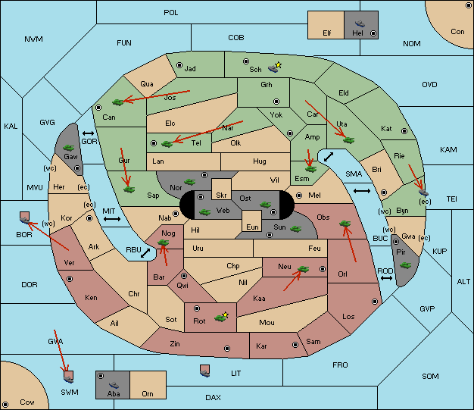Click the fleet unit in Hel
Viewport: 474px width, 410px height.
click(360, 23)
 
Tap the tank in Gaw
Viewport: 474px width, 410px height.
click(69, 148)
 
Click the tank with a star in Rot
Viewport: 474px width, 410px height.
click(221, 317)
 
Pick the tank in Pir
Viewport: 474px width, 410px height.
click(405, 265)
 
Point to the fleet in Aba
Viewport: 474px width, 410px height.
click(114, 385)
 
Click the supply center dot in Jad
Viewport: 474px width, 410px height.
click(179, 65)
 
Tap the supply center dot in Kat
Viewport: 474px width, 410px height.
click(404, 131)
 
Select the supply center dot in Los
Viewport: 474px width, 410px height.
click(375, 302)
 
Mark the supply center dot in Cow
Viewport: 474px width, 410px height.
click(5, 404)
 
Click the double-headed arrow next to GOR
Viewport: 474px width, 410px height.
click(88, 133)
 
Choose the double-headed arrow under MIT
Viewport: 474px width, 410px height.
click(112, 219)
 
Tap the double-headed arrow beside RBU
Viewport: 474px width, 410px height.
click(145, 253)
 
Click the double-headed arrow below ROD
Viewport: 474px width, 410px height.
click(386, 278)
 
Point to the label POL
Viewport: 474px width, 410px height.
click(171, 13)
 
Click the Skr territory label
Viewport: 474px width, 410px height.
click(221, 196)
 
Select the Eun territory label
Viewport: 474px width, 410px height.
click(252, 227)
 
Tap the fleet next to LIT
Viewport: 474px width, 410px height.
click(205, 371)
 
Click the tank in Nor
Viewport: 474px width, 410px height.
click(189, 182)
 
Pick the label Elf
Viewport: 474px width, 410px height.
click(327, 33)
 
